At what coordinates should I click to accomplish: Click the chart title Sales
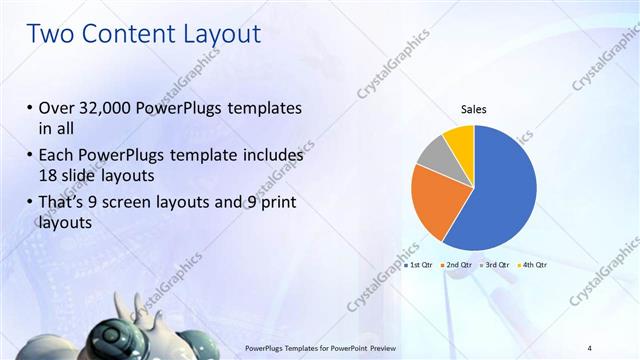(473, 110)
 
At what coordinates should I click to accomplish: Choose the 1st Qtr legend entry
(420, 265)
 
